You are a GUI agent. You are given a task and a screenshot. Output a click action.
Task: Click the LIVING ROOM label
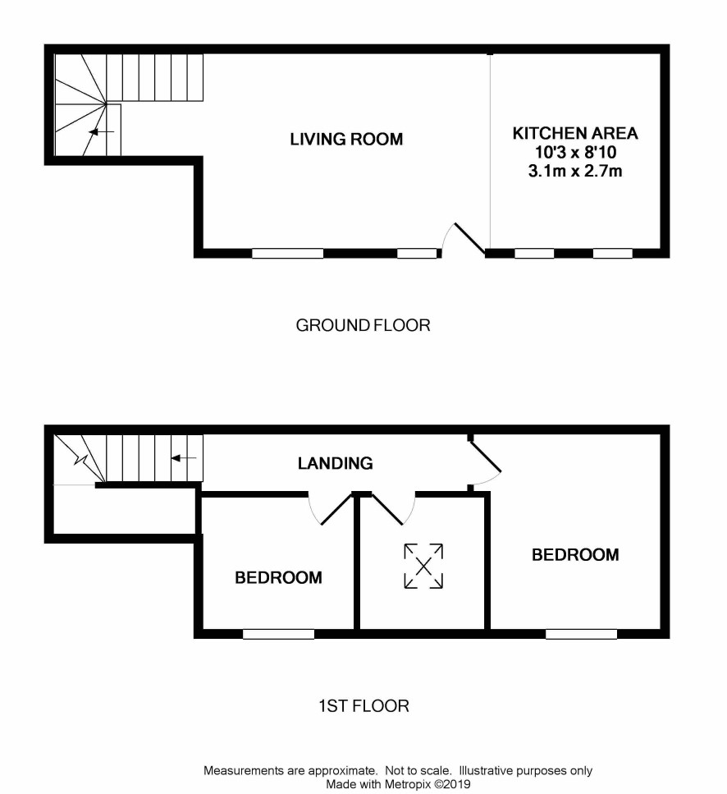(x=346, y=140)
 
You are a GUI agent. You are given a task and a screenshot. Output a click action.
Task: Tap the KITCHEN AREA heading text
(x=575, y=133)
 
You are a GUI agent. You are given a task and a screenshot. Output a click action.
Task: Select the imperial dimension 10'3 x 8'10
(x=576, y=152)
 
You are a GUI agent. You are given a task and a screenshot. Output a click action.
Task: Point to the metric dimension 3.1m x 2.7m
(x=575, y=171)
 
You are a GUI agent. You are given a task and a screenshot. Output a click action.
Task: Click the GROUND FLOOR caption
(x=363, y=325)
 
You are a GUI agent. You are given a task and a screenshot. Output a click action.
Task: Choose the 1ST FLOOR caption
(x=363, y=706)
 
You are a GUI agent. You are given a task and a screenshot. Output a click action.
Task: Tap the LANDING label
(x=336, y=463)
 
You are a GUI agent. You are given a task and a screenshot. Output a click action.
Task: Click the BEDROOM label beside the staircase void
(x=278, y=578)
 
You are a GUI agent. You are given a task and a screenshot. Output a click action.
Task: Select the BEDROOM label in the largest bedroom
(x=575, y=555)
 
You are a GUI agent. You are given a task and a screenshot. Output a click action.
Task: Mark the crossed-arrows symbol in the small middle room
(x=423, y=566)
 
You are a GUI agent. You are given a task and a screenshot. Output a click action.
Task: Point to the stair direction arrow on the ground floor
(x=101, y=132)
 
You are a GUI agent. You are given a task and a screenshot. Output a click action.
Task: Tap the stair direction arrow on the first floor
(x=183, y=458)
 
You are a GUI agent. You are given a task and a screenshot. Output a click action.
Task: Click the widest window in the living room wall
(x=288, y=253)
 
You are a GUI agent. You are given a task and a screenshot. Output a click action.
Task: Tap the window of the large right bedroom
(x=581, y=634)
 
